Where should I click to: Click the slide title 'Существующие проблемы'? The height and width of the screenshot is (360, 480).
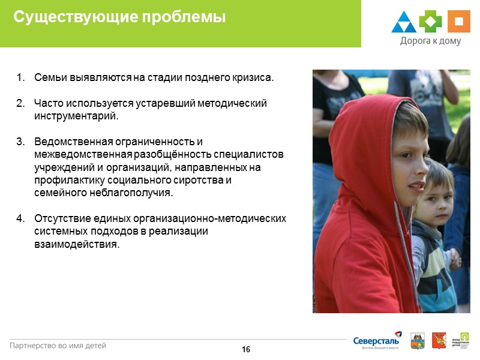119,18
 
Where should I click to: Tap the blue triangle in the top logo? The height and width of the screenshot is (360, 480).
404,23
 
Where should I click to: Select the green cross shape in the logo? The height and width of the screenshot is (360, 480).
430,22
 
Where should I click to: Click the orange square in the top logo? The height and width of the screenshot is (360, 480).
458,22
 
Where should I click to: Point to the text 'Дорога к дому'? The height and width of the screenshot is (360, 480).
430,41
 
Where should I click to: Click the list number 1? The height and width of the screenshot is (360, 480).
20,78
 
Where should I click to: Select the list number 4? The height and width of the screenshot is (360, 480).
20,218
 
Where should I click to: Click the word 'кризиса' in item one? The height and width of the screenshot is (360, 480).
255,78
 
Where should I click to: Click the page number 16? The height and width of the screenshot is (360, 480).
245,350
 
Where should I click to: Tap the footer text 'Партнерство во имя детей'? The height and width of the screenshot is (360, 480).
58,346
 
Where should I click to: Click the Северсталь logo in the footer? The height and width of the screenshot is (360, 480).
377,340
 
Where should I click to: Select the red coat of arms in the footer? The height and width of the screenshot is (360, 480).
436,340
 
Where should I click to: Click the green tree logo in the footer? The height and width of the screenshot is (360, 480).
464,338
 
